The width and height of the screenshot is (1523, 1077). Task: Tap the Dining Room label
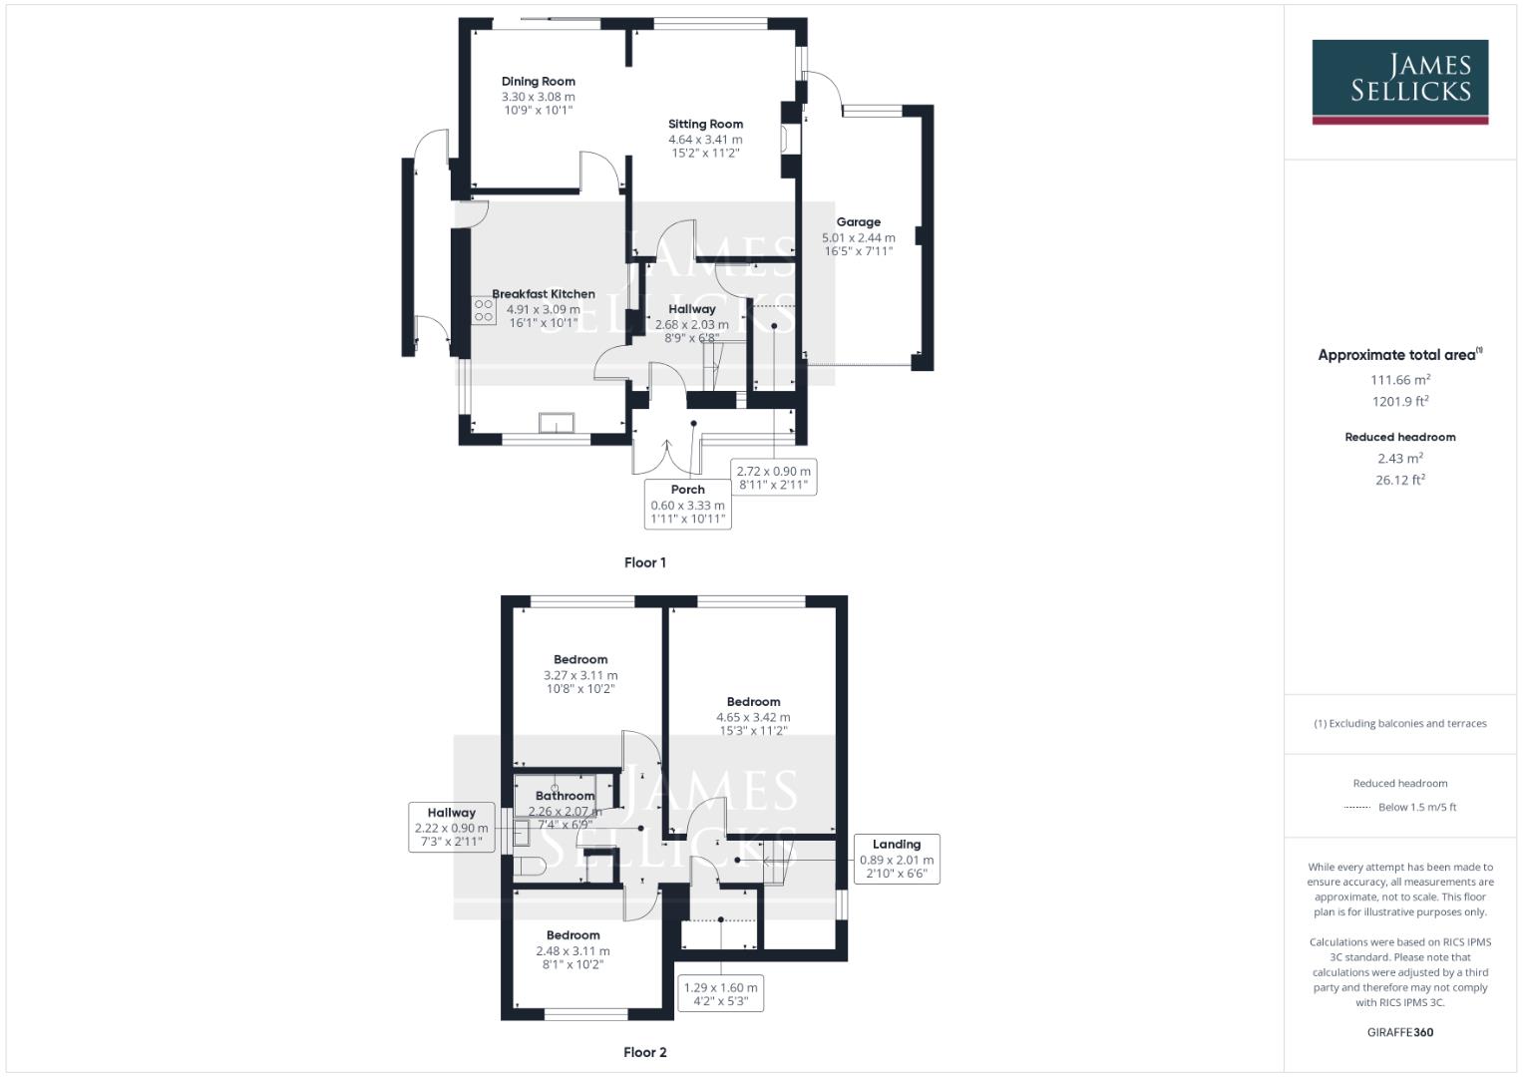tap(538, 82)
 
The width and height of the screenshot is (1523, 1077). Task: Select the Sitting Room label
tap(705, 125)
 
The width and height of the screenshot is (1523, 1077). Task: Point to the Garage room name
tap(858, 222)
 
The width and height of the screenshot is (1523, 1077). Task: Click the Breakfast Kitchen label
tap(544, 294)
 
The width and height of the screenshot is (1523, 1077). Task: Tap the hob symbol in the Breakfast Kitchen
tap(484, 310)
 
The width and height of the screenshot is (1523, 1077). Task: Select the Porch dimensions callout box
tap(687, 504)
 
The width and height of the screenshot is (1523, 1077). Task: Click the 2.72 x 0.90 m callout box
tap(773, 478)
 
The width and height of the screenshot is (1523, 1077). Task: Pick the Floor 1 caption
tap(644, 562)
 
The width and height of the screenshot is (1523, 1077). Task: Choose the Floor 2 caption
tap(644, 1052)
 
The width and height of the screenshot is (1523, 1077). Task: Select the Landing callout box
tap(897, 859)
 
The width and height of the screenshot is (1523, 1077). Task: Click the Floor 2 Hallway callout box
tap(451, 828)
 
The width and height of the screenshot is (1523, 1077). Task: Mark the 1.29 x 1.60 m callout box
tap(719, 993)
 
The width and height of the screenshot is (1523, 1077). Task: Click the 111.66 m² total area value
tap(1399, 379)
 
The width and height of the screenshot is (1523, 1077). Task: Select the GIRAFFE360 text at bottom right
tap(1399, 1032)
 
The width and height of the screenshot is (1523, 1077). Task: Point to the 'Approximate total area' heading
tap(1398, 355)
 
